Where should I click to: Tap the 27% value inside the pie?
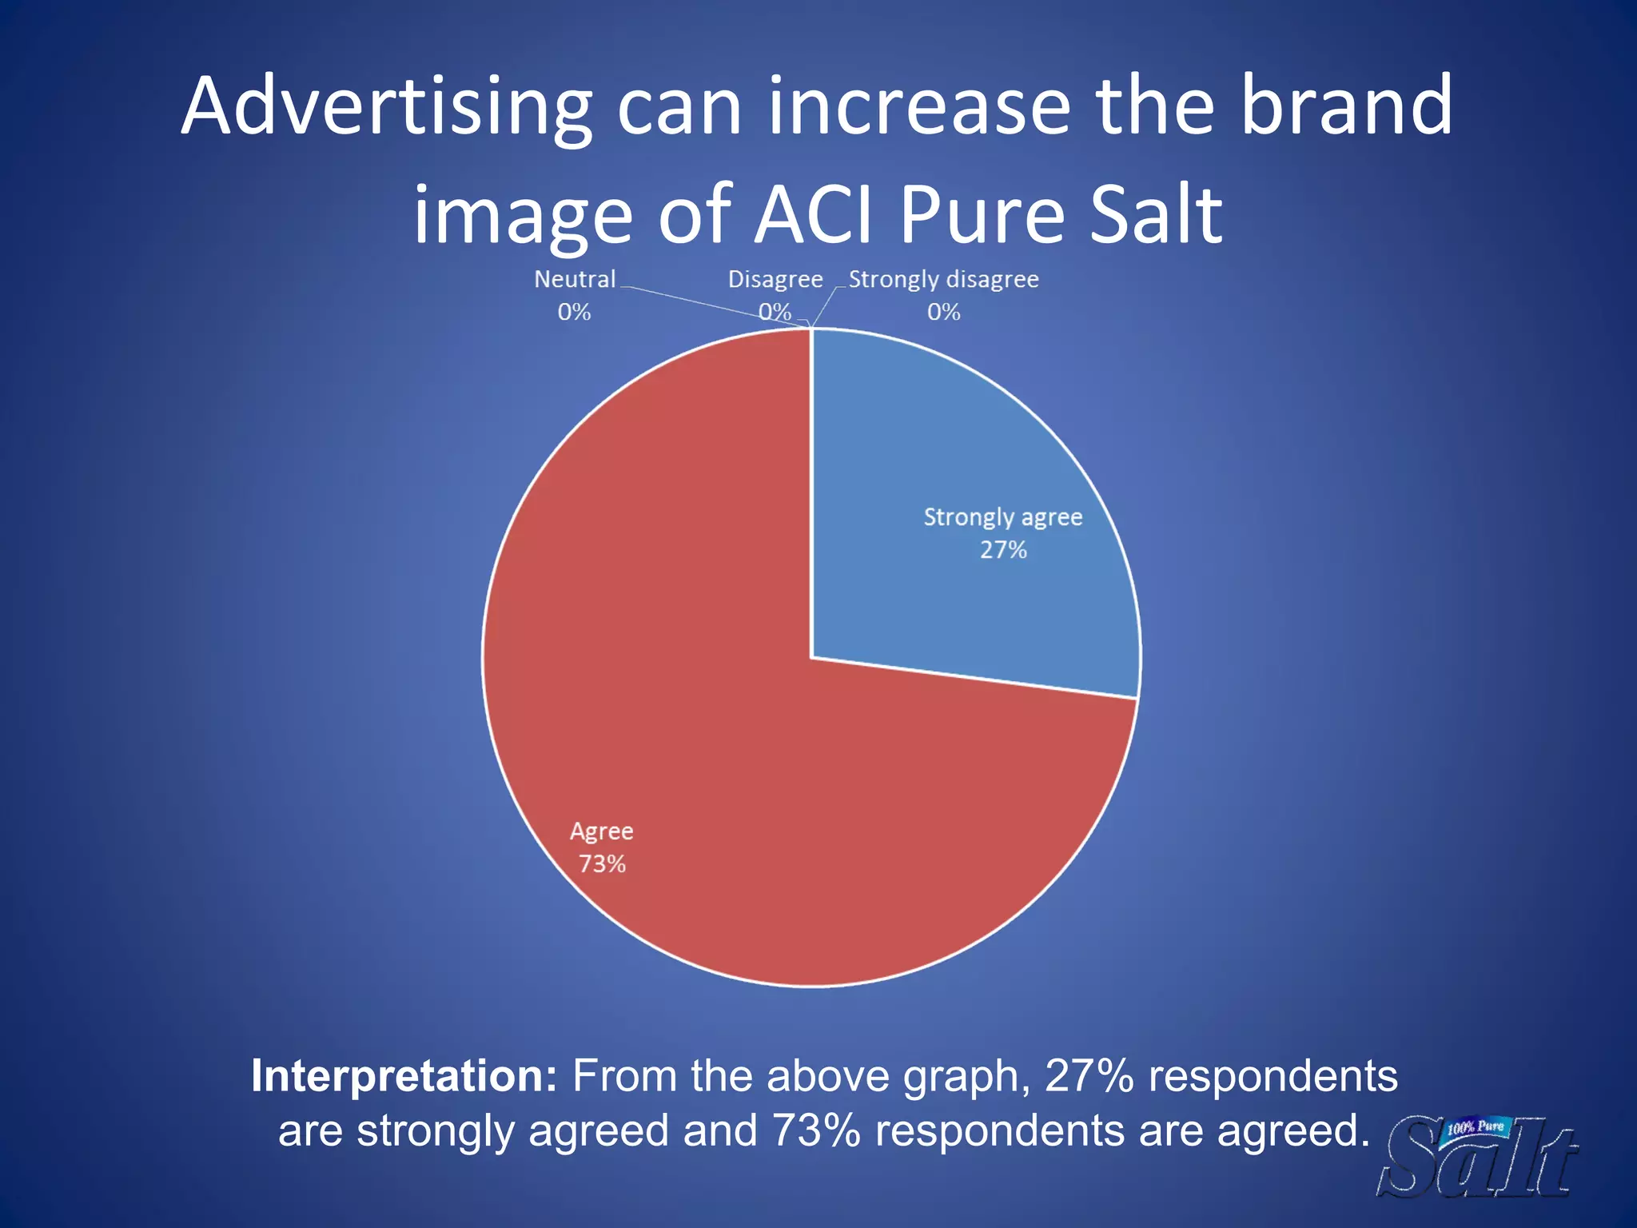1003,550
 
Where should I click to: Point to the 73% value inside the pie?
602,864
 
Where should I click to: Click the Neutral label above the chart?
575,279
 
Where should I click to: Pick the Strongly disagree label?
943,279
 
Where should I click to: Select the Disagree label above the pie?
775,279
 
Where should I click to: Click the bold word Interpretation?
404,1076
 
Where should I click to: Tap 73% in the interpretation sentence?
816,1130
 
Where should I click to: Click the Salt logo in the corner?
1479,1159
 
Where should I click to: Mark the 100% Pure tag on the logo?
1476,1129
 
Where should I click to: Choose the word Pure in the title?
982,214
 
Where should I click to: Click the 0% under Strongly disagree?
943,312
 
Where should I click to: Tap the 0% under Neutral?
574,312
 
